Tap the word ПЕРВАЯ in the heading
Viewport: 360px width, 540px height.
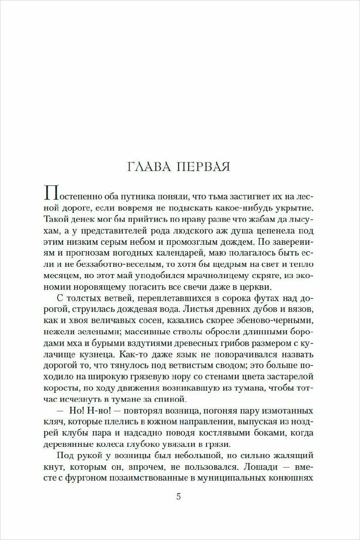(x=205, y=167)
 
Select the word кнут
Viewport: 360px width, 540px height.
(x=54, y=466)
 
